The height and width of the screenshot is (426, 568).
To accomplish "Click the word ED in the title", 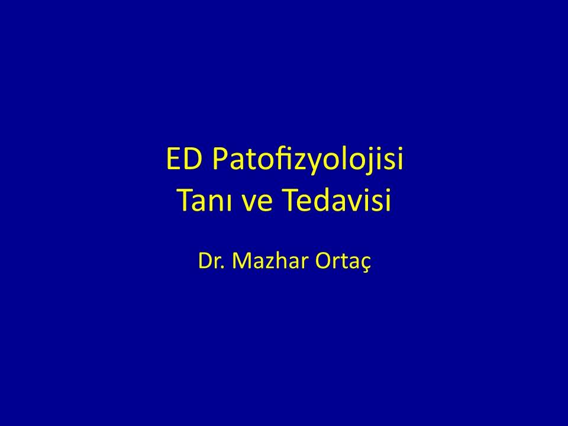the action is click(x=184, y=159).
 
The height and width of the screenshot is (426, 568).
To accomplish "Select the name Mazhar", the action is click(x=270, y=261).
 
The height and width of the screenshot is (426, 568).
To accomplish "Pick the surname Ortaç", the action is click(x=343, y=262).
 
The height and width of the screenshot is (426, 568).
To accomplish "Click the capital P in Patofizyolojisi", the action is click(x=220, y=159).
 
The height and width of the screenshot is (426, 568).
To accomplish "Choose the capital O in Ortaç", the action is click(x=323, y=261).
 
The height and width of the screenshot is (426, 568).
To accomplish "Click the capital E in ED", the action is click(x=173, y=159).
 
